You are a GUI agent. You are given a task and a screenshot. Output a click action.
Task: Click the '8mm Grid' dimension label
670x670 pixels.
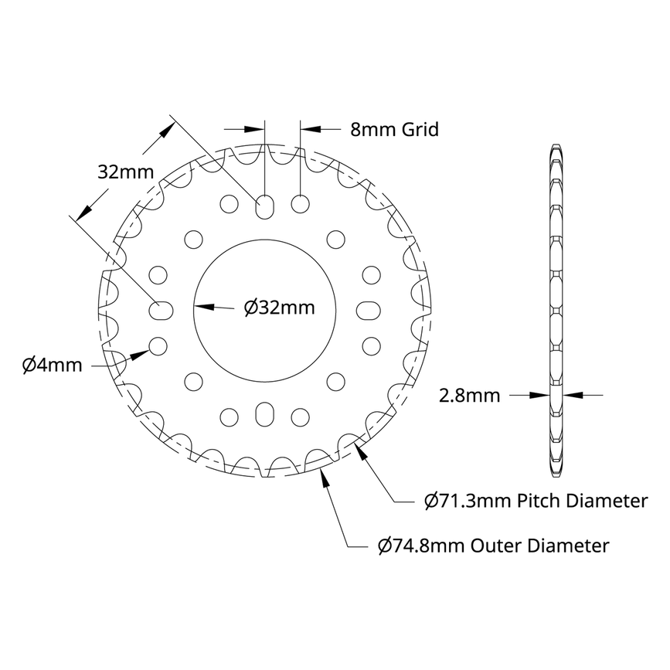394,129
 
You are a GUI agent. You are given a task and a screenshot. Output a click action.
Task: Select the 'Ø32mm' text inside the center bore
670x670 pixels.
279,308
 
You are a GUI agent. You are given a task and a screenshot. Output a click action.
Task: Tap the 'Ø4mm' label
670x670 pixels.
52,365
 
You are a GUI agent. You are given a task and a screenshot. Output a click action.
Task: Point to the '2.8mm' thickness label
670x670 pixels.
469,396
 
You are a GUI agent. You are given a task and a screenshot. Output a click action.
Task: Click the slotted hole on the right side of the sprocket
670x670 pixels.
369,309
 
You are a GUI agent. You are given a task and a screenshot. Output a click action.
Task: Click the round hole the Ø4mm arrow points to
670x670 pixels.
158,345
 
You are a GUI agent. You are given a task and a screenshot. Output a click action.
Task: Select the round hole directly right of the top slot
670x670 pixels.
301,203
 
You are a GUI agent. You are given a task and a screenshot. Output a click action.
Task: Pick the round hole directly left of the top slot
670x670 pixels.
230,203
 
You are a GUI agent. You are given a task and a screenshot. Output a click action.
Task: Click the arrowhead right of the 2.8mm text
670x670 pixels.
569,395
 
